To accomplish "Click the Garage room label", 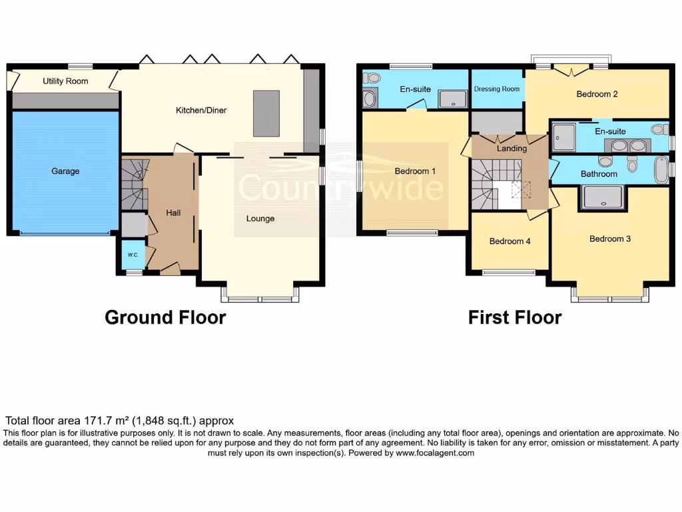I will point(65,171).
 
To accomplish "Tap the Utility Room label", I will point(65,81).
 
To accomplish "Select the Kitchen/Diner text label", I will point(201,110).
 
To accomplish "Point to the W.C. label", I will point(132,254).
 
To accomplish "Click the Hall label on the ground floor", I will point(173,213).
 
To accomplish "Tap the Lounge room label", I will point(260,218).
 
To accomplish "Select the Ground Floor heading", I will point(165,317).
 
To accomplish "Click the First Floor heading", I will point(514,317).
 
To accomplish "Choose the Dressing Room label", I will point(497,89).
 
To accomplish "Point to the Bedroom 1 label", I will point(415,171).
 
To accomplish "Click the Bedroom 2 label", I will point(597,94).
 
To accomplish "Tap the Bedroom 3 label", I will point(610,239).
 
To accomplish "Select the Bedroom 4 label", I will point(510,241).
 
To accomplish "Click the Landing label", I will point(511,149).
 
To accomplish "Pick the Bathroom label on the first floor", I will point(599,174).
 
